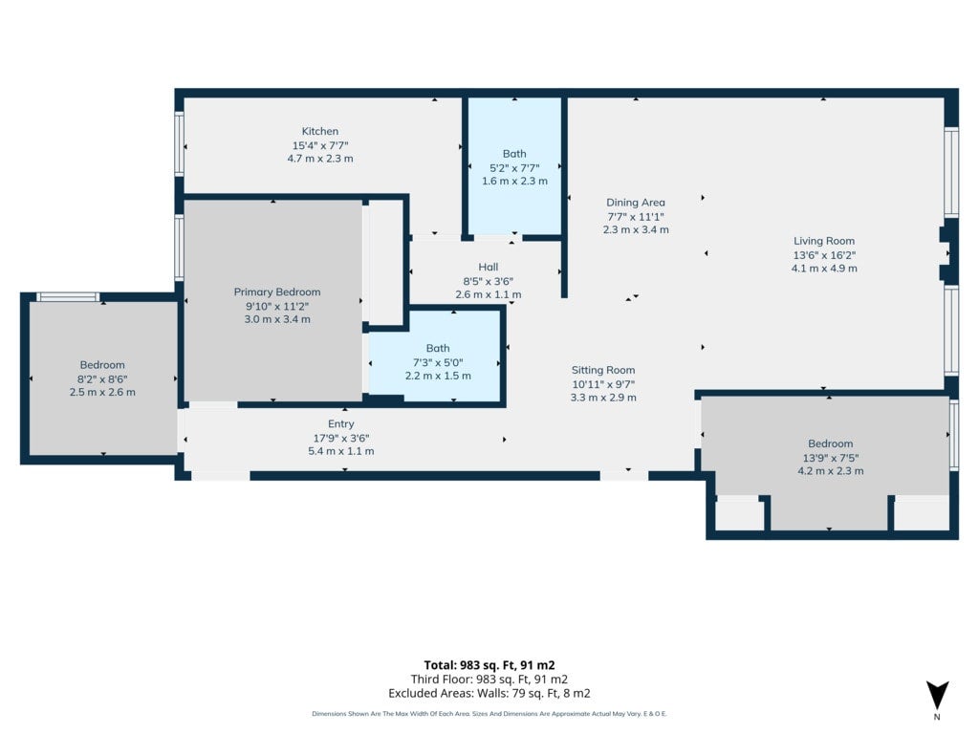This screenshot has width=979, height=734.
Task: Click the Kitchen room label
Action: [319, 131]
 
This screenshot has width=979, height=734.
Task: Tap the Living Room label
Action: [824, 241]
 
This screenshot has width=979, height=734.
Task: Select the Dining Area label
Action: [636, 203]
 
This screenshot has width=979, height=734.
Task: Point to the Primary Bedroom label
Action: [277, 292]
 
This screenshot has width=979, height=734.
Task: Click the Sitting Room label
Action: [603, 370]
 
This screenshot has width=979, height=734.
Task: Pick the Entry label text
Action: [341, 423]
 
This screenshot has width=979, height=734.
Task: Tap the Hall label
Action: [489, 268]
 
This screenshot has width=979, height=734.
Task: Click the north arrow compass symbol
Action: [937, 696]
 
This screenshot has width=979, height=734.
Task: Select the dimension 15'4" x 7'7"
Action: [320, 145]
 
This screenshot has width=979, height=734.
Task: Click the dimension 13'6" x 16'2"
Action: [824, 254]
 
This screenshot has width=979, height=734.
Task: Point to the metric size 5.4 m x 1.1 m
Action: [341, 451]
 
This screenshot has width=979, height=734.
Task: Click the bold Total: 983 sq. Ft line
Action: [489, 665]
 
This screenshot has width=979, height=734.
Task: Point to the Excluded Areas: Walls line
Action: [489, 694]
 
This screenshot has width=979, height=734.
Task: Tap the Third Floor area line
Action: [489, 680]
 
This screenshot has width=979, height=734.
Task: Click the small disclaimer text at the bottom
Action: [489, 713]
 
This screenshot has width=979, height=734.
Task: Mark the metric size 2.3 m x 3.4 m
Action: [636, 229]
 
